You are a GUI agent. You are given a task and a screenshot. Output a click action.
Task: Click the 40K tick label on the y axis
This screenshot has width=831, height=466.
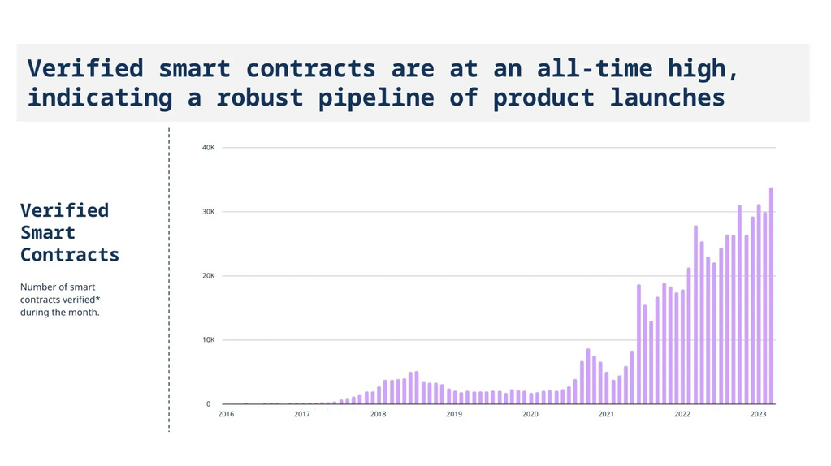tap(208, 147)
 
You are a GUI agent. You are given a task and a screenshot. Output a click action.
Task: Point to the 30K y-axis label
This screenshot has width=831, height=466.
tap(208, 212)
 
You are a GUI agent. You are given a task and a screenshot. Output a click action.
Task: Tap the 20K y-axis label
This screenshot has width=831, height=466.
tap(208, 276)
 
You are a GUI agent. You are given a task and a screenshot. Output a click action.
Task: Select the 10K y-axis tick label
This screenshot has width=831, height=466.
tap(208, 340)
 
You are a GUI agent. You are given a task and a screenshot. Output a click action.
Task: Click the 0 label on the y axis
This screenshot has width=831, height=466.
tap(208, 404)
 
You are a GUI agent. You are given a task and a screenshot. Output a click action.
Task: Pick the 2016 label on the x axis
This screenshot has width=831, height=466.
tap(226, 414)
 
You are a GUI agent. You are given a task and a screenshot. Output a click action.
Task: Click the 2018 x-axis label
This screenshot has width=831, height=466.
tap(378, 414)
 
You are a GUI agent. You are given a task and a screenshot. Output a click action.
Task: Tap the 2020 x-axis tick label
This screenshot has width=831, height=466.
tap(530, 414)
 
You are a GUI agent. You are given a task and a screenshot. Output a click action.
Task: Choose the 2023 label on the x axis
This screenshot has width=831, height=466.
tap(758, 414)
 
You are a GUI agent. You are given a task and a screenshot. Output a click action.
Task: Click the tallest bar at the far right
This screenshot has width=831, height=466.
tap(771, 296)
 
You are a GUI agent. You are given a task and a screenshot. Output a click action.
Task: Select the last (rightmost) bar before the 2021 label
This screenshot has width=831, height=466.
tap(600, 383)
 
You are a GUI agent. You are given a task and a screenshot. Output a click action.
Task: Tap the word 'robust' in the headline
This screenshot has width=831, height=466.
tap(260, 97)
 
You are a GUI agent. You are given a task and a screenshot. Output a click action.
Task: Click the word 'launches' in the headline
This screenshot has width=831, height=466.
tap(667, 97)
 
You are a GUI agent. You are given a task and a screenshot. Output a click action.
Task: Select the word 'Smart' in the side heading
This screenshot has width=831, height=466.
tap(48, 232)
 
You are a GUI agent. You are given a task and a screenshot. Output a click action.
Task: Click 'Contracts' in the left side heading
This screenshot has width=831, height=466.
tap(69, 255)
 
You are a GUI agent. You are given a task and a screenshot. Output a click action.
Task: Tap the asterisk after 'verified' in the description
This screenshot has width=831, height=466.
tap(97, 298)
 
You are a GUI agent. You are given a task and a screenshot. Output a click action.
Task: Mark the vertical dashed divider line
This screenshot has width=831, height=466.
tap(169, 279)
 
